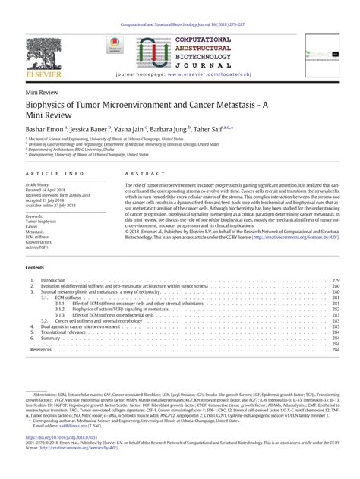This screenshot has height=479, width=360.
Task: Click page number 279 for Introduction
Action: (335, 280)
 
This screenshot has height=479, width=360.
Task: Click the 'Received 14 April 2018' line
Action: (46, 190)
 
